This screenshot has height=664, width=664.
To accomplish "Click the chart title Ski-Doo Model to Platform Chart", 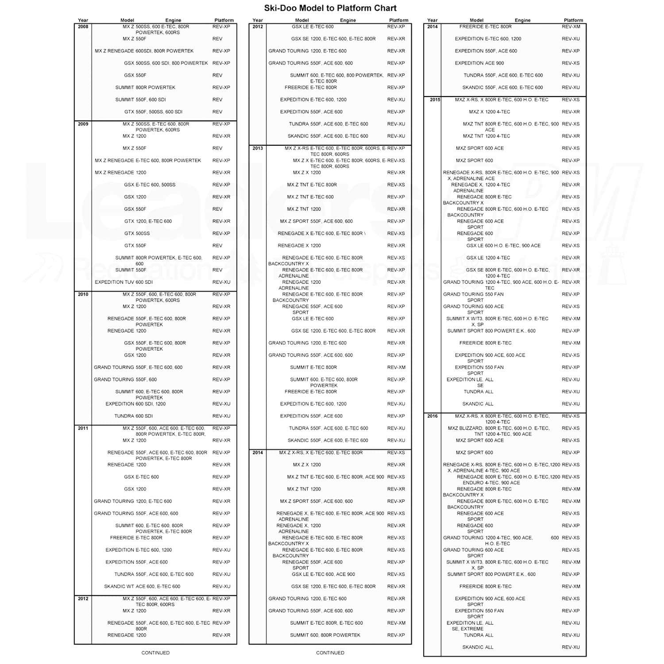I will coord(330,8).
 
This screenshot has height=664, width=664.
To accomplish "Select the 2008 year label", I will coord(83,27).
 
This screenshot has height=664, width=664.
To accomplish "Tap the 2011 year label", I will coord(83,428).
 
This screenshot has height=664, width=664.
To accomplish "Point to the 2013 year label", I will coord(258,148).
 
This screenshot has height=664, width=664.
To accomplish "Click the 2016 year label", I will coord(432,416).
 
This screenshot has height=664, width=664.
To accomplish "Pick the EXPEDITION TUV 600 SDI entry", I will coord(124,282).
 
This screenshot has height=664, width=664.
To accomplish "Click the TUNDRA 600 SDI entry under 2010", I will coord(133,416).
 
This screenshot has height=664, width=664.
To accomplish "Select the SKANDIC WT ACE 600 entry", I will coord(142,587).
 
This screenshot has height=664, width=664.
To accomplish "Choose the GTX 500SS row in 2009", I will coord(137,233).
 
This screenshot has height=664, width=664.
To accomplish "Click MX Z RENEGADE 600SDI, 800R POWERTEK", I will coord(144,51).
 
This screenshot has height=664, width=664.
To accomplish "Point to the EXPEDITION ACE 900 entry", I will coord(479,63).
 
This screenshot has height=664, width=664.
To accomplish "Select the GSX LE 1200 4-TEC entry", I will coord(488,258).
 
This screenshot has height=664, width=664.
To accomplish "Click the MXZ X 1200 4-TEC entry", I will coord(489,112).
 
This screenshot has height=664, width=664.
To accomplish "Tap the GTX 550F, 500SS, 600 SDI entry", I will coord(153,112).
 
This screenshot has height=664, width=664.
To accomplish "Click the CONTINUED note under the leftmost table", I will coord(155,652).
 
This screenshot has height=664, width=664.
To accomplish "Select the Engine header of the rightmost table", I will coord(522,20).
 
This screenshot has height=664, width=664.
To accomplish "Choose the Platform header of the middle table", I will coord(398,20).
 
